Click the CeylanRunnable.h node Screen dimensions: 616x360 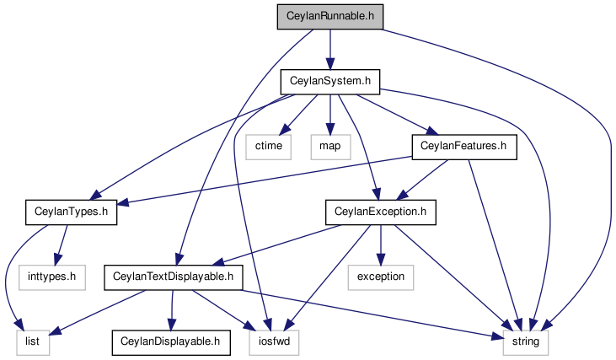pyautogui.click(x=330, y=17)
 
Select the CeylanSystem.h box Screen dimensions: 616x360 pyautogui.click(x=330, y=82)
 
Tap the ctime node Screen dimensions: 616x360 pyautogui.click(x=269, y=147)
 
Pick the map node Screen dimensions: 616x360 pyautogui.click(x=330, y=147)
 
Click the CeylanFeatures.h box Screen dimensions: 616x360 pyautogui.click(x=464, y=147)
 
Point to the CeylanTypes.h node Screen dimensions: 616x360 pyautogui.click(x=71, y=212)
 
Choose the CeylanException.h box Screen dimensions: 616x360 pyautogui.click(x=380, y=212)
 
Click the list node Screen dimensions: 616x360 pyautogui.click(x=33, y=342)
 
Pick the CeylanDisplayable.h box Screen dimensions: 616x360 pyautogui.click(x=171, y=342)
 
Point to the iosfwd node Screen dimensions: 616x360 pyautogui.click(x=274, y=342)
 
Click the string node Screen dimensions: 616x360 pyautogui.click(x=526, y=342)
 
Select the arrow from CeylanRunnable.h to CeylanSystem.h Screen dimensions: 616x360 pyautogui.click(x=330, y=50)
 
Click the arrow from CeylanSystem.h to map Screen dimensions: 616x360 pyautogui.click(x=330, y=115)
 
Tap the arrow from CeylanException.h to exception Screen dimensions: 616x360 pyautogui.click(x=380, y=245)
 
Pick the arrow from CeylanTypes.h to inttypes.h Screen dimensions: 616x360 pyautogui.click(x=61, y=245)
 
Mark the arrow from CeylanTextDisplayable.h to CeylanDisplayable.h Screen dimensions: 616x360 pyautogui.click(x=171, y=310)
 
